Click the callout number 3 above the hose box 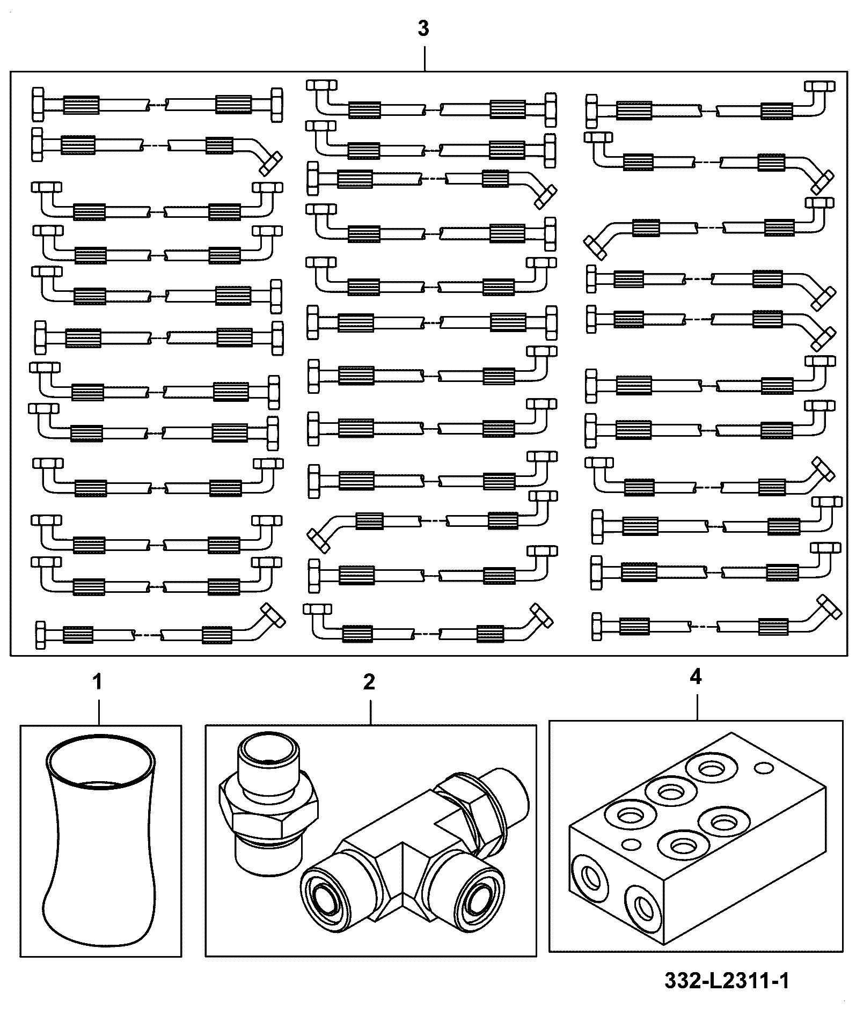pyautogui.click(x=423, y=29)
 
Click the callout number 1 pyautogui.click(x=97, y=682)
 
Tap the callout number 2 pyautogui.click(x=369, y=682)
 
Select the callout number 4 pyautogui.click(x=696, y=678)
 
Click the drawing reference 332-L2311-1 pyautogui.click(x=727, y=982)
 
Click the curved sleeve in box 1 pyautogui.click(x=100, y=840)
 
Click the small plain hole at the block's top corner pyautogui.click(x=764, y=769)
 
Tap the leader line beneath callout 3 pyautogui.click(x=425, y=58)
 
